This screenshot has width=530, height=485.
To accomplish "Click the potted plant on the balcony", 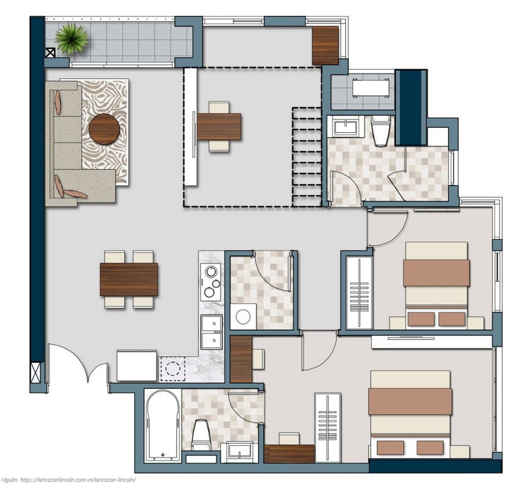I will [72, 39].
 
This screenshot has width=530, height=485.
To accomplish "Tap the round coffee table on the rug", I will [104, 129].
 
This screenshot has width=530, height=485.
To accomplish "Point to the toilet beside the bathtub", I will [201, 435].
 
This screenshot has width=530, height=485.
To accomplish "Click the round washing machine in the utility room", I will [243, 316].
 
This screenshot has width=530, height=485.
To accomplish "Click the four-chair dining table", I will [129, 279].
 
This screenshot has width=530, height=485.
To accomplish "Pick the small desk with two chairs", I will [219, 126].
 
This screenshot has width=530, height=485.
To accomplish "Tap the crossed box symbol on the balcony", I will [50, 52].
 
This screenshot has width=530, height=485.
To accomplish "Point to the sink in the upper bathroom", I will [345, 127].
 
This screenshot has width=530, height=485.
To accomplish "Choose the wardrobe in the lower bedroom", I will [328, 428].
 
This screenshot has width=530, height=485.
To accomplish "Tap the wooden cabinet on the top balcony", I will [325, 45].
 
